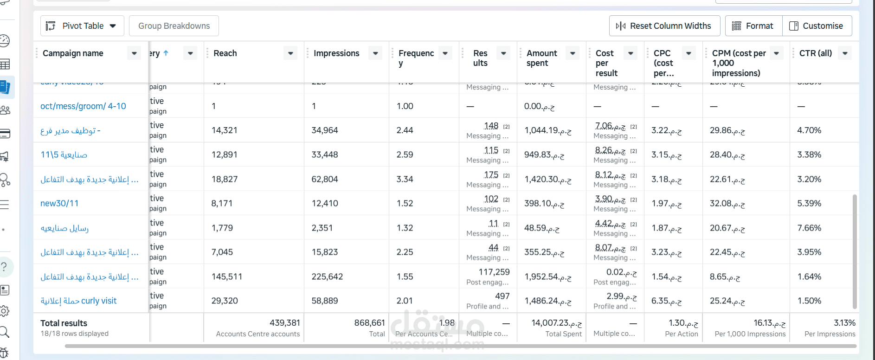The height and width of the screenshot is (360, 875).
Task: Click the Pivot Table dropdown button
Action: click(x=82, y=26)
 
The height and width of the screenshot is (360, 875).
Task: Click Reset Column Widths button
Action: click(x=664, y=26)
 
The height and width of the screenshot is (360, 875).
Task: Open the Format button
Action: click(x=753, y=26)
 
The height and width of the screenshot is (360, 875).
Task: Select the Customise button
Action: click(x=817, y=26)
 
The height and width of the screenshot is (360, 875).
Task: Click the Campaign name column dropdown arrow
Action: click(x=134, y=53)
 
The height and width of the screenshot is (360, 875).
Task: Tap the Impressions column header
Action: click(x=336, y=53)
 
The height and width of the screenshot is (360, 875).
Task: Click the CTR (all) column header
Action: click(x=815, y=53)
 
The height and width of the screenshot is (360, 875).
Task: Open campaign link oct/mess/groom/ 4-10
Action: click(x=83, y=106)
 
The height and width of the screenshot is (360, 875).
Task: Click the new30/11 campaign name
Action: click(x=59, y=203)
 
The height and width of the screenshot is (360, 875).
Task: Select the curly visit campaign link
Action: click(x=78, y=301)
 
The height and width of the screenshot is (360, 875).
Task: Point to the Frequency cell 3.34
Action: click(x=405, y=179)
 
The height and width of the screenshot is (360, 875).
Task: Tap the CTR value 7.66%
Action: click(x=809, y=228)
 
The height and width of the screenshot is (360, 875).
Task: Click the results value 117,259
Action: click(x=494, y=272)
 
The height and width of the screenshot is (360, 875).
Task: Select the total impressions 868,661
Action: click(x=369, y=323)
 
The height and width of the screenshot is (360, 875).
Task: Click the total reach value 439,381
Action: click(x=285, y=323)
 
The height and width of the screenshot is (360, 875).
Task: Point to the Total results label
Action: click(x=64, y=323)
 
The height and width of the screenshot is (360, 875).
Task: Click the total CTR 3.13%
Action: click(x=844, y=323)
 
